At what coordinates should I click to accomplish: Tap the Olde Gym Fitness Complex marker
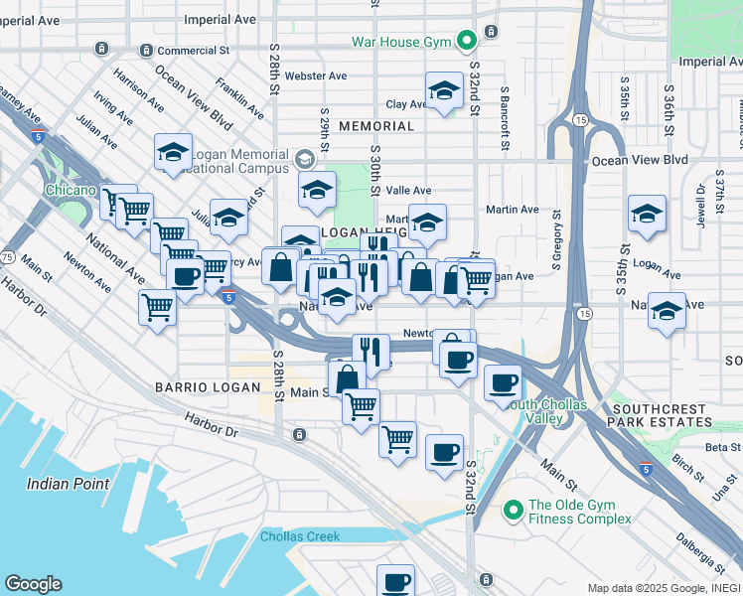513,511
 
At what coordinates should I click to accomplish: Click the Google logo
33,584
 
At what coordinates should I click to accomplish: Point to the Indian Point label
68,484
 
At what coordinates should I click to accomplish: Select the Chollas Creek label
300,536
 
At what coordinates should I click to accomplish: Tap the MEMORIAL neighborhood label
375,126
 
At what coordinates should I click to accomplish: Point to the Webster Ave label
315,75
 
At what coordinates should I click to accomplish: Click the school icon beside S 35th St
647,214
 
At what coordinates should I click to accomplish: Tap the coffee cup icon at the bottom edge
395,581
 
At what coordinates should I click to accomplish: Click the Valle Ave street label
408,191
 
